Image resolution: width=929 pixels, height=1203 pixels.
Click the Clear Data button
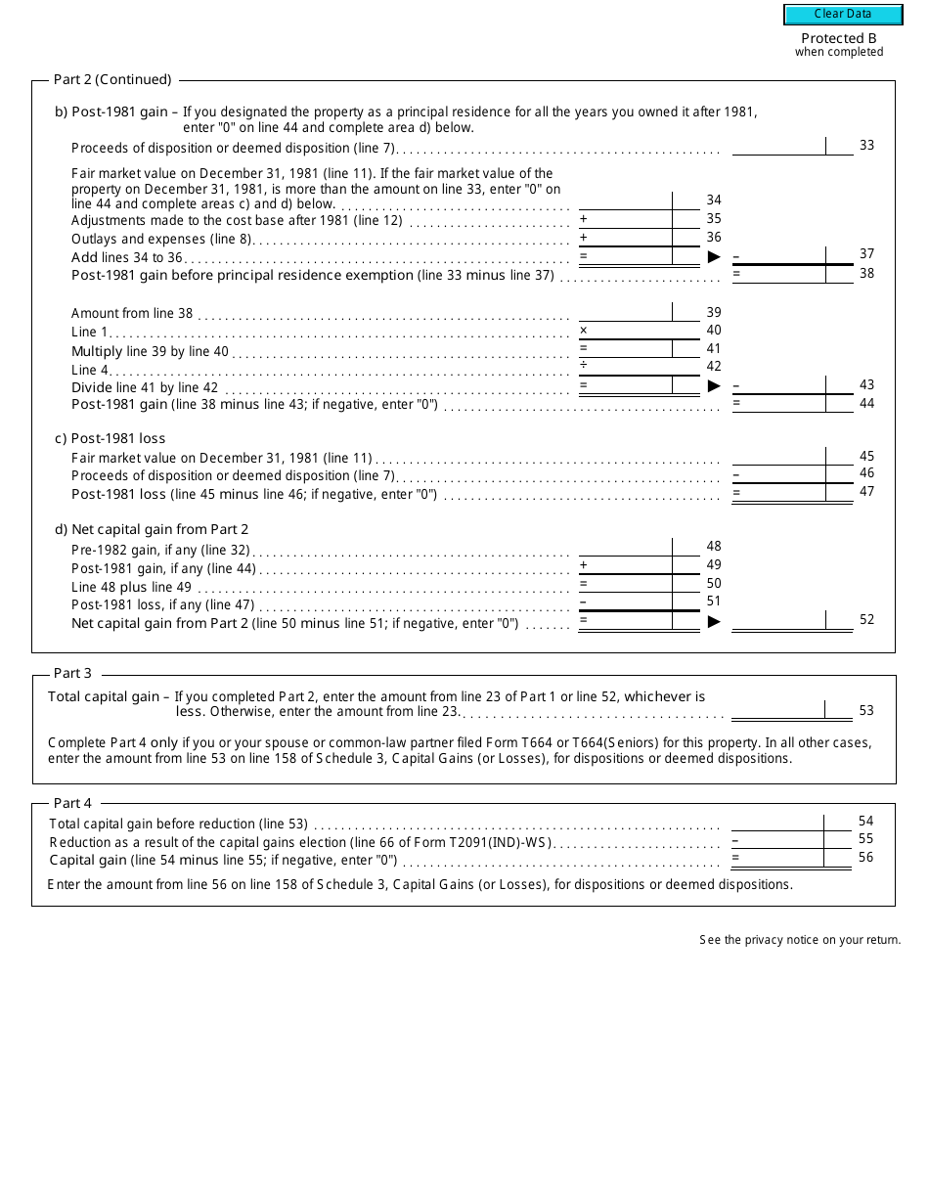point(842,14)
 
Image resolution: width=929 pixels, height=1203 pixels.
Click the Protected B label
point(838,39)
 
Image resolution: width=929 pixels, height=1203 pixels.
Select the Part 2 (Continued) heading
point(111,79)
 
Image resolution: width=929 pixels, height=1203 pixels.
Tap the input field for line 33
point(778,146)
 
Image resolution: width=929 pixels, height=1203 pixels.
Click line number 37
point(866,253)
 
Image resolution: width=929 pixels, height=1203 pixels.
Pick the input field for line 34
point(624,200)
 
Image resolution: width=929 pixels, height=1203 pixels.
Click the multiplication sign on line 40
point(584,331)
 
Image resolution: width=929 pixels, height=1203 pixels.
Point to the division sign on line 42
point(584,366)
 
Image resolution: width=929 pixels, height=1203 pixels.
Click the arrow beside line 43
point(714,385)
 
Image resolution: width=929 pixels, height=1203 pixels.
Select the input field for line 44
point(778,403)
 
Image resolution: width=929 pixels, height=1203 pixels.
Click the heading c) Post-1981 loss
point(110,438)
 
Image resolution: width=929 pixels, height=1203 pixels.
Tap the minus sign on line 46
point(736,474)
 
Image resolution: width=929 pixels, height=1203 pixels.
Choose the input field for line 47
point(778,493)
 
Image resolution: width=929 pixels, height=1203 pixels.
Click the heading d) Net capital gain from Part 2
point(152,529)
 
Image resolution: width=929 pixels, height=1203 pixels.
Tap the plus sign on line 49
point(584,564)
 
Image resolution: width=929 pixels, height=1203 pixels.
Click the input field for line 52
point(778,620)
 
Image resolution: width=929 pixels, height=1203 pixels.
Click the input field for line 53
point(778,710)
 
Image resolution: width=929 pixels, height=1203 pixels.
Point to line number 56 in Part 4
point(866,857)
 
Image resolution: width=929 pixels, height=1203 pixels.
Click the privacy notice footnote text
point(799,940)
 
